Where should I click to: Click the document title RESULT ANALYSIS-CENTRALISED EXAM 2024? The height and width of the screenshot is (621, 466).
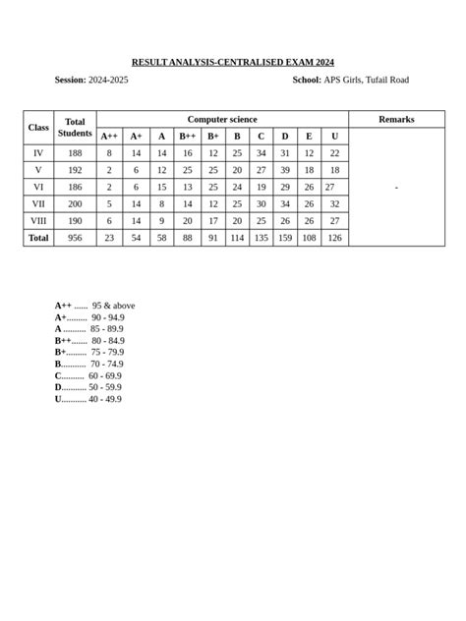pyautogui.click(x=233, y=62)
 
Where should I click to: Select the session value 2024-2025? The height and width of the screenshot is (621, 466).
pyautogui.click(x=108, y=80)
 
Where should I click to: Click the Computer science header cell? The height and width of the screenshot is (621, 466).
pyautogui.click(x=222, y=119)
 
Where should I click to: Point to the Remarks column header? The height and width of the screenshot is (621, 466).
pyautogui.click(x=396, y=119)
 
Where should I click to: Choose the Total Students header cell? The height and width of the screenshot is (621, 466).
pyautogui.click(x=75, y=128)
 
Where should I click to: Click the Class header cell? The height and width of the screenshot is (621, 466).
pyautogui.click(x=38, y=128)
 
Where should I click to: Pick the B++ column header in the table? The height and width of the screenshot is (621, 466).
pyautogui.click(x=187, y=137)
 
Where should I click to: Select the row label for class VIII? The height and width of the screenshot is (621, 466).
pyautogui.click(x=38, y=220)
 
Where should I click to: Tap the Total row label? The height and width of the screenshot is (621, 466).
pyautogui.click(x=38, y=238)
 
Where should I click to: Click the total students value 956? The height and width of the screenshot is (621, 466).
pyautogui.click(x=75, y=238)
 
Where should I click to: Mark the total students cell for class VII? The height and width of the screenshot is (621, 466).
pyautogui.click(x=75, y=203)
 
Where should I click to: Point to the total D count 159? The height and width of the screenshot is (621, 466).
pyautogui.click(x=285, y=238)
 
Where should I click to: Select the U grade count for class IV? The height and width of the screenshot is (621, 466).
pyautogui.click(x=334, y=153)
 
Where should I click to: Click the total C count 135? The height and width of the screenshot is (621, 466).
pyautogui.click(x=261, y=238)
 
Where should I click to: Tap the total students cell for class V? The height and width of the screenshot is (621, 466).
pyautogui.click(x=75, y=170)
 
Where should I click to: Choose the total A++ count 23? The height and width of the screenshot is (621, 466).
pyautogui.click(x=109, y=238)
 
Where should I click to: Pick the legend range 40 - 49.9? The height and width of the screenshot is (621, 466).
pyautogui.click(x=105, y=399)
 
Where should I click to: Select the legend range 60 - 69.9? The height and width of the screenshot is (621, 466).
pyautogui.click(x=105, y=375)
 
